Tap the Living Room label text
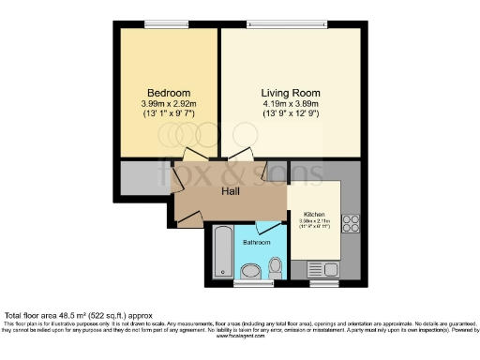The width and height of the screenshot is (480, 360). click(x=290, y=94)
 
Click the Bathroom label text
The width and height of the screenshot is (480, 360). click(x=256, y=243)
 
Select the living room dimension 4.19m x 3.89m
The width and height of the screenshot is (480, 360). click(x=290, y=104)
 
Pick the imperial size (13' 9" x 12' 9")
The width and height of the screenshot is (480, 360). click(x=290, y=114)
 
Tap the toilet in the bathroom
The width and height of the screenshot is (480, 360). click(x=249, y=272)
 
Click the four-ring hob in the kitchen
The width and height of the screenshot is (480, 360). click(x=352, y=223)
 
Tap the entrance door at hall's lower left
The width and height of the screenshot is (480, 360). click(x=187, y=215)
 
